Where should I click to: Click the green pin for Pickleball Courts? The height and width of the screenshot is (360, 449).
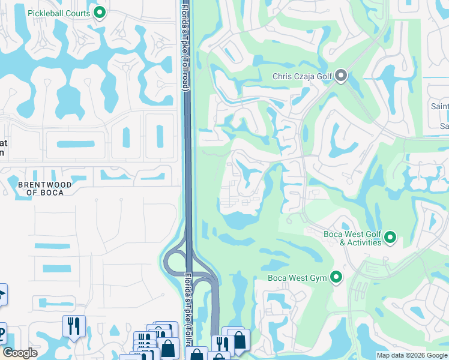[x=100, y=13]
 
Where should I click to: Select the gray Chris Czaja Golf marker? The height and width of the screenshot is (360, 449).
[x=342, y=76]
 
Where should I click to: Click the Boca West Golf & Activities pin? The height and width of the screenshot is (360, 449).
[x=390, y=238]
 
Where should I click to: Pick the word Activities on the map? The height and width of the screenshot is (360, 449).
[x=364, y=242]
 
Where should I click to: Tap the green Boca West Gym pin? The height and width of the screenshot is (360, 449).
[x=336, y=278]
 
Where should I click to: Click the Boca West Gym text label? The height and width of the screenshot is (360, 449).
[x=296, y=278]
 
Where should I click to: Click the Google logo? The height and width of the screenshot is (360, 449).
[x=20, y=353]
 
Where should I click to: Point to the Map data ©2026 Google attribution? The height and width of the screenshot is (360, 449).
[x=411, y=355]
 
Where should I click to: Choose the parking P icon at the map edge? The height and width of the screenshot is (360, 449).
[x=2, y=334]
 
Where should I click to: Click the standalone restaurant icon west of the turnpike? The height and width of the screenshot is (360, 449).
[x=74, y=326]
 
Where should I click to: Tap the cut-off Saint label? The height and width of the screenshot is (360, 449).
[x=440, y=107]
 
